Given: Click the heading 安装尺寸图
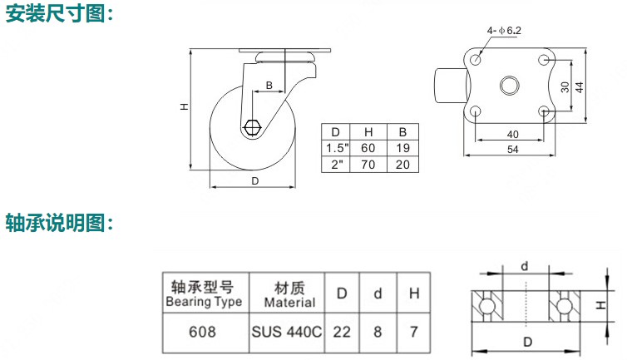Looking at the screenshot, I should point(59,14).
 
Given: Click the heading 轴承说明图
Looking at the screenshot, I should point(59,223).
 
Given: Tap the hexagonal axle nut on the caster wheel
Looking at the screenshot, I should point(254,129).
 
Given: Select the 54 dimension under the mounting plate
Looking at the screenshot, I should point(512,150).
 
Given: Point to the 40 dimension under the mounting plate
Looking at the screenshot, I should point(512,133).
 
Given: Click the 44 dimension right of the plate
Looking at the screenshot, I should point(580,86).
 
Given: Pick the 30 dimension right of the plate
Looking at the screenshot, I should point(565,86).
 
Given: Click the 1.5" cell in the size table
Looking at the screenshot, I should point(337,148).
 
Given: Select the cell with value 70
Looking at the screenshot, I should point(368,165).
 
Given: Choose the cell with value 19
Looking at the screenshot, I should point(402,148).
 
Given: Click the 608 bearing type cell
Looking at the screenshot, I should point(203,332).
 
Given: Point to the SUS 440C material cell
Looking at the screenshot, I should point(286,332).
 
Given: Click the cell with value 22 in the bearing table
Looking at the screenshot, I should point(342,332).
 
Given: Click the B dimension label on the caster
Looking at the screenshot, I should point(269,86).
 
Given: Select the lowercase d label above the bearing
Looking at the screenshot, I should point(525,266).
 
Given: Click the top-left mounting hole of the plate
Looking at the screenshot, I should point(476,60).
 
